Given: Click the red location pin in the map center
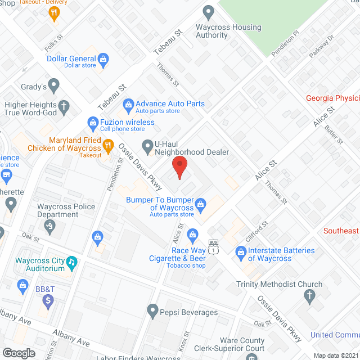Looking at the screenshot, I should click(x=179, y=166).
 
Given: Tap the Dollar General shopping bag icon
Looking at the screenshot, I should click(x=103, y=58).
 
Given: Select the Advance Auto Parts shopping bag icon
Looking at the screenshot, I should click(x=128, y=104).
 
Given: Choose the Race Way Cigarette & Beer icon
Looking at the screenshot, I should click(x=192, y=233).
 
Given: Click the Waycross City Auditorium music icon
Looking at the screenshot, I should click(x=71, y=262).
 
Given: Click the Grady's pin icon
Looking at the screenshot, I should click(x=54, y=86).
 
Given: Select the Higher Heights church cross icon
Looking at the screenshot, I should click(x=65, y=105).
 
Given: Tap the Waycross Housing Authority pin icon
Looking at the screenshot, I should click(x=209, y=11).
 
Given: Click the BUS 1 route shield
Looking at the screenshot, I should click(x=213, y=246).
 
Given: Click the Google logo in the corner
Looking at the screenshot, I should click(x=19, y=353).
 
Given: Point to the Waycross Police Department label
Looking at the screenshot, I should click(x=66, y=210).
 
